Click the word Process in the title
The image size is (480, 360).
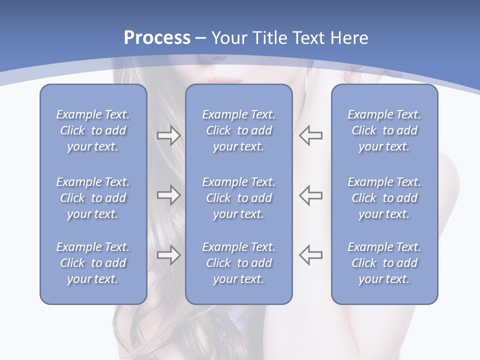[x=157, y=38]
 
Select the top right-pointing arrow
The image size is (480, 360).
[x=169, y=135]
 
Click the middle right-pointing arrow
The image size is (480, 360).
[x=169, y=195]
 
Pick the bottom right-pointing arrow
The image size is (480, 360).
[x=169, y=254]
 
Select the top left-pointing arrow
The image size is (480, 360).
[x=311, y=135]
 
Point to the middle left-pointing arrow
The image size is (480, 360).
[x=311, y=195]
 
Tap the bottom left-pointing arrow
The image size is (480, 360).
[x=311, y=254]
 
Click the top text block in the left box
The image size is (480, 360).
[x=93, y=130]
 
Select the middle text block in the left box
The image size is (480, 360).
[x=93, y=198]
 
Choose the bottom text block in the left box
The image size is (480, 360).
[x=93, y=263]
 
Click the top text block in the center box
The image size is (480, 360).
[x=238, y=130]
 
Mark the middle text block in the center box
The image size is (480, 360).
[x=238, y=198]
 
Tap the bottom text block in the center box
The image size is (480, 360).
[x=238, y=263]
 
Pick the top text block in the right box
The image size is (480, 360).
[x=384, y=130]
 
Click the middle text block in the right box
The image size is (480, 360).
[x=384, y=198]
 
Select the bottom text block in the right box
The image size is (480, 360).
[x=384, y=263]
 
